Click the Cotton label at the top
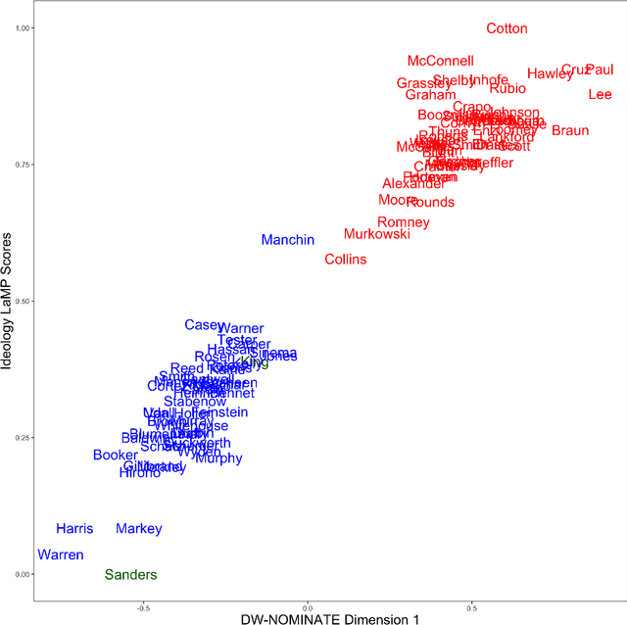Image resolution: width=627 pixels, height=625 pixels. [506, 29]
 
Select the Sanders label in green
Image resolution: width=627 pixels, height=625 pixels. [130, 575]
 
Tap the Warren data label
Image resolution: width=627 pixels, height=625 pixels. [61, 554]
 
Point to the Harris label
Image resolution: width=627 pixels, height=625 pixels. [74, 529]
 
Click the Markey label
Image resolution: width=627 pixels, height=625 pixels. [138, 529]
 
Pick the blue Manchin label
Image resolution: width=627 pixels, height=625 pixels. [288, 240]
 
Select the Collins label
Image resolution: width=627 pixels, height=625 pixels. [346, 260]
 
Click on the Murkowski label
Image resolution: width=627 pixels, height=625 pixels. [377, 235]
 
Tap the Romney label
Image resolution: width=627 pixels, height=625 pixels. [404, 222]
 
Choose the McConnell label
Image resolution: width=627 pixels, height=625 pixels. [440, 61]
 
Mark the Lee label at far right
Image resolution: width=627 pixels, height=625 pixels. [600, 94]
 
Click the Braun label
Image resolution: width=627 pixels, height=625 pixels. [570, 130]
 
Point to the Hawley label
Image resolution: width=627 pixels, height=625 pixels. [550, 73]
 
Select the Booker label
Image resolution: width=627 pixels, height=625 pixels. [116, 455]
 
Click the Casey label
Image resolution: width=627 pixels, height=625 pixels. [203, 325]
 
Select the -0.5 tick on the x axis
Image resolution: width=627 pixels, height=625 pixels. [143, 606]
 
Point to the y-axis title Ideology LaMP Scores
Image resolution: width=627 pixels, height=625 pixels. [9, 302]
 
